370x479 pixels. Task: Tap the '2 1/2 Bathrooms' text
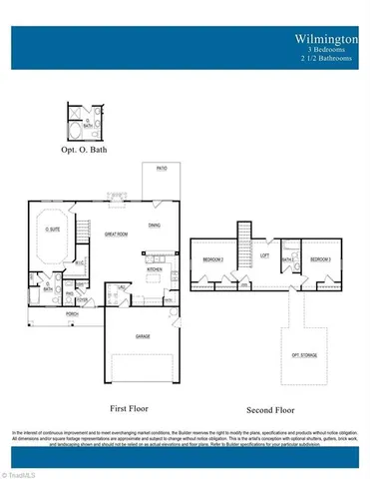coord(329,58)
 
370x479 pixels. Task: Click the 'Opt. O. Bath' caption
coord(83,150)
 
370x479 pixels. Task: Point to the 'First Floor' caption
coord(130,407)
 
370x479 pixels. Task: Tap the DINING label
coord(155,226)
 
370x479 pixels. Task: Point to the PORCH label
coord(72,312)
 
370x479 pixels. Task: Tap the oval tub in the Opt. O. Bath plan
coord(76,130)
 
